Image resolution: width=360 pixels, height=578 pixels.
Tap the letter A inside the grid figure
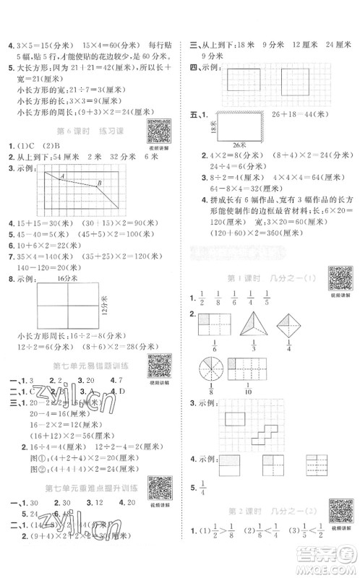point(63,178)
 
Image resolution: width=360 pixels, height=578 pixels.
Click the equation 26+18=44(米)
point(302,114)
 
